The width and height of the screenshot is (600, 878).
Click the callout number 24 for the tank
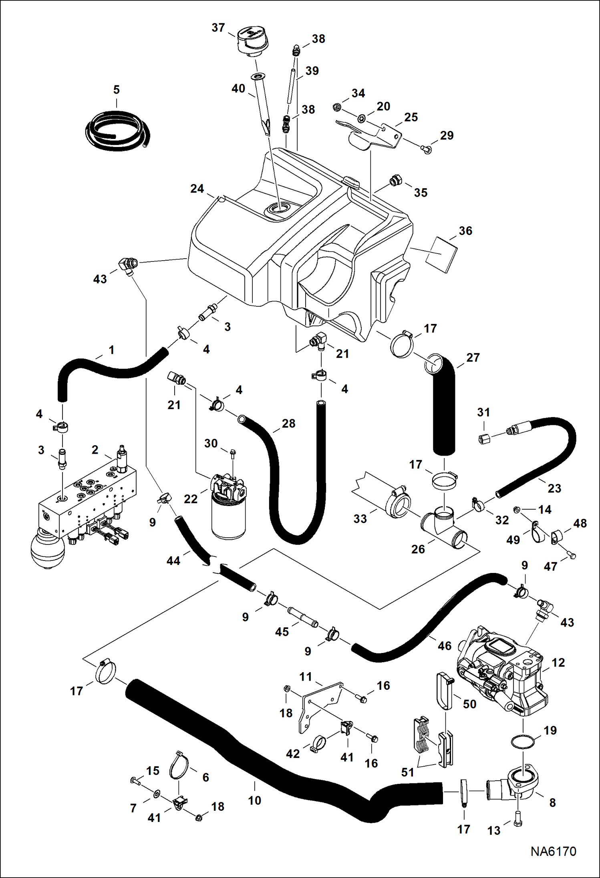coord(197,189)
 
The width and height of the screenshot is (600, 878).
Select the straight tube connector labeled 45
coord(302,617)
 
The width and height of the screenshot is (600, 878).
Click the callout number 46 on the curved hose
coord(444,645)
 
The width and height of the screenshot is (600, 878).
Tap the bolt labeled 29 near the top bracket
coord(427,150)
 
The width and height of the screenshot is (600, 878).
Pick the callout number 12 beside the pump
coord(558,662)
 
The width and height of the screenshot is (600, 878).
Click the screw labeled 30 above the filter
coord(234,454)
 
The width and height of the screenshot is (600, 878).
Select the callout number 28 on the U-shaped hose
coord(288,423)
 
